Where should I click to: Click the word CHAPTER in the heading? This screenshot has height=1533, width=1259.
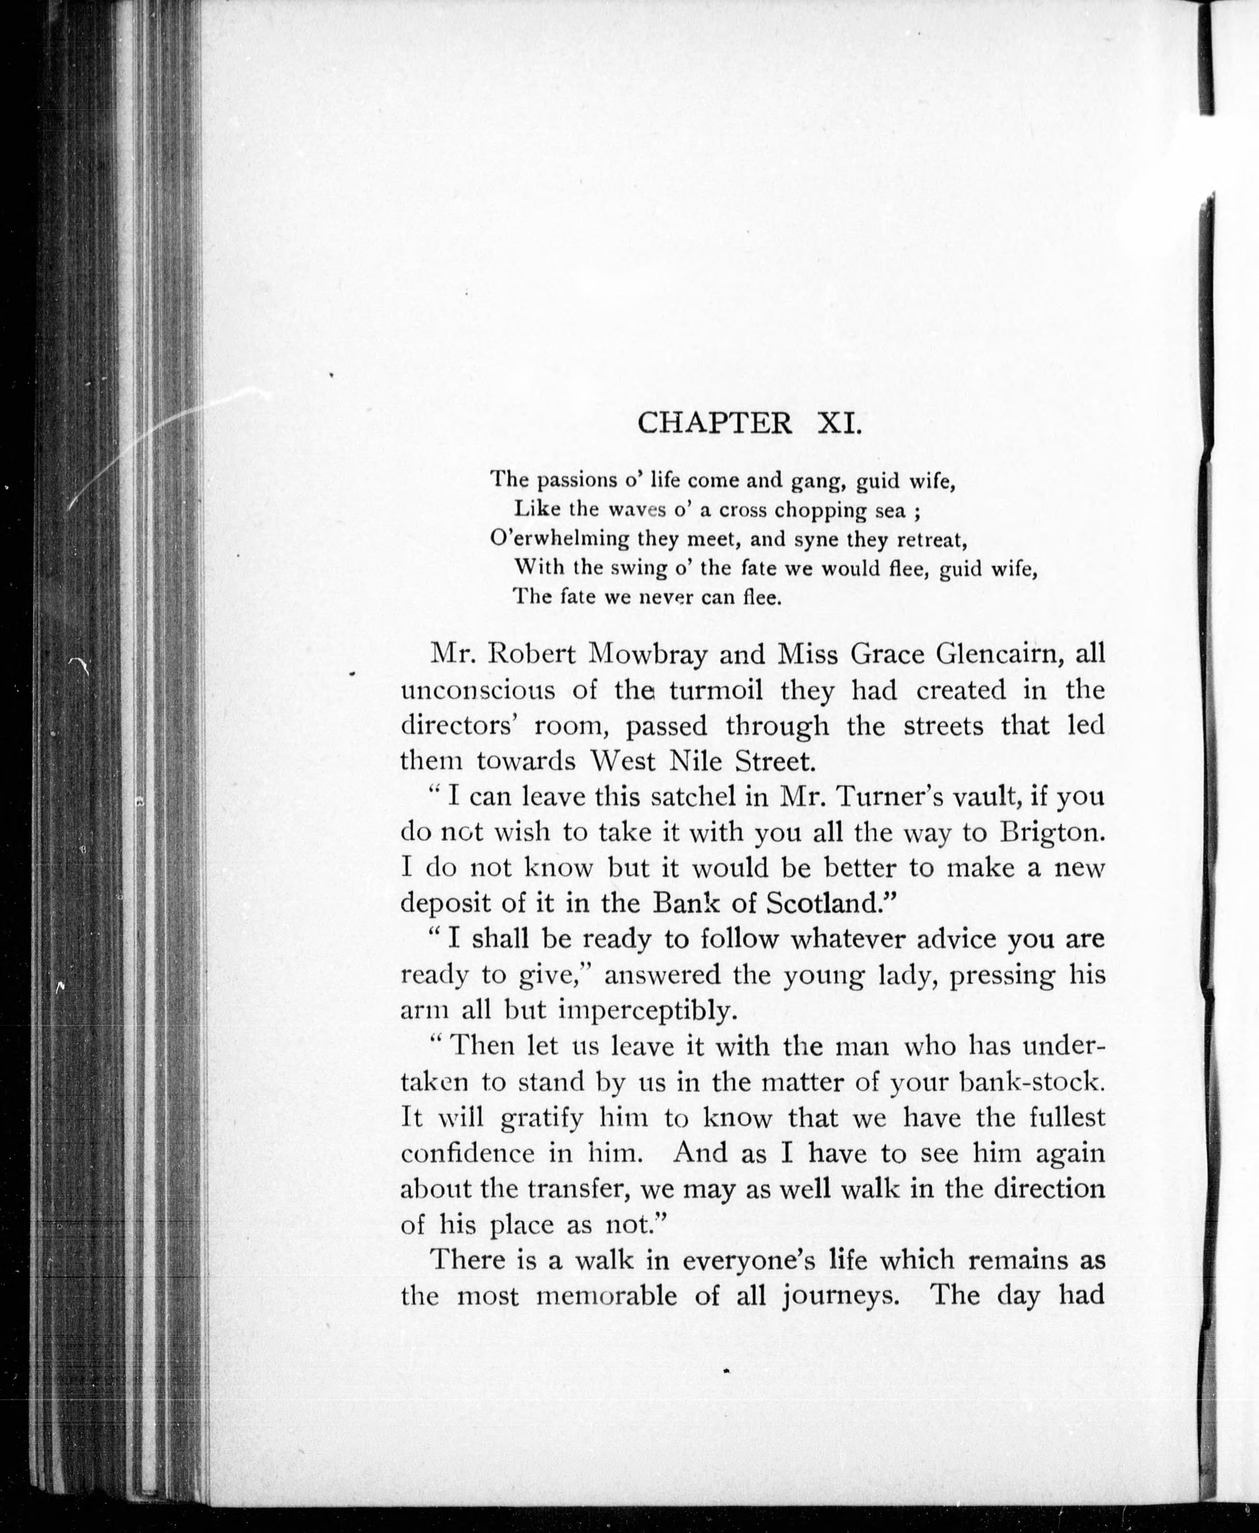point(714,423)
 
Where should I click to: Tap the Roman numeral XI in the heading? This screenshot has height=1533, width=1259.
point(840,423)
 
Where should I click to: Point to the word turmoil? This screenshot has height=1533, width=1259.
point(716,690)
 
